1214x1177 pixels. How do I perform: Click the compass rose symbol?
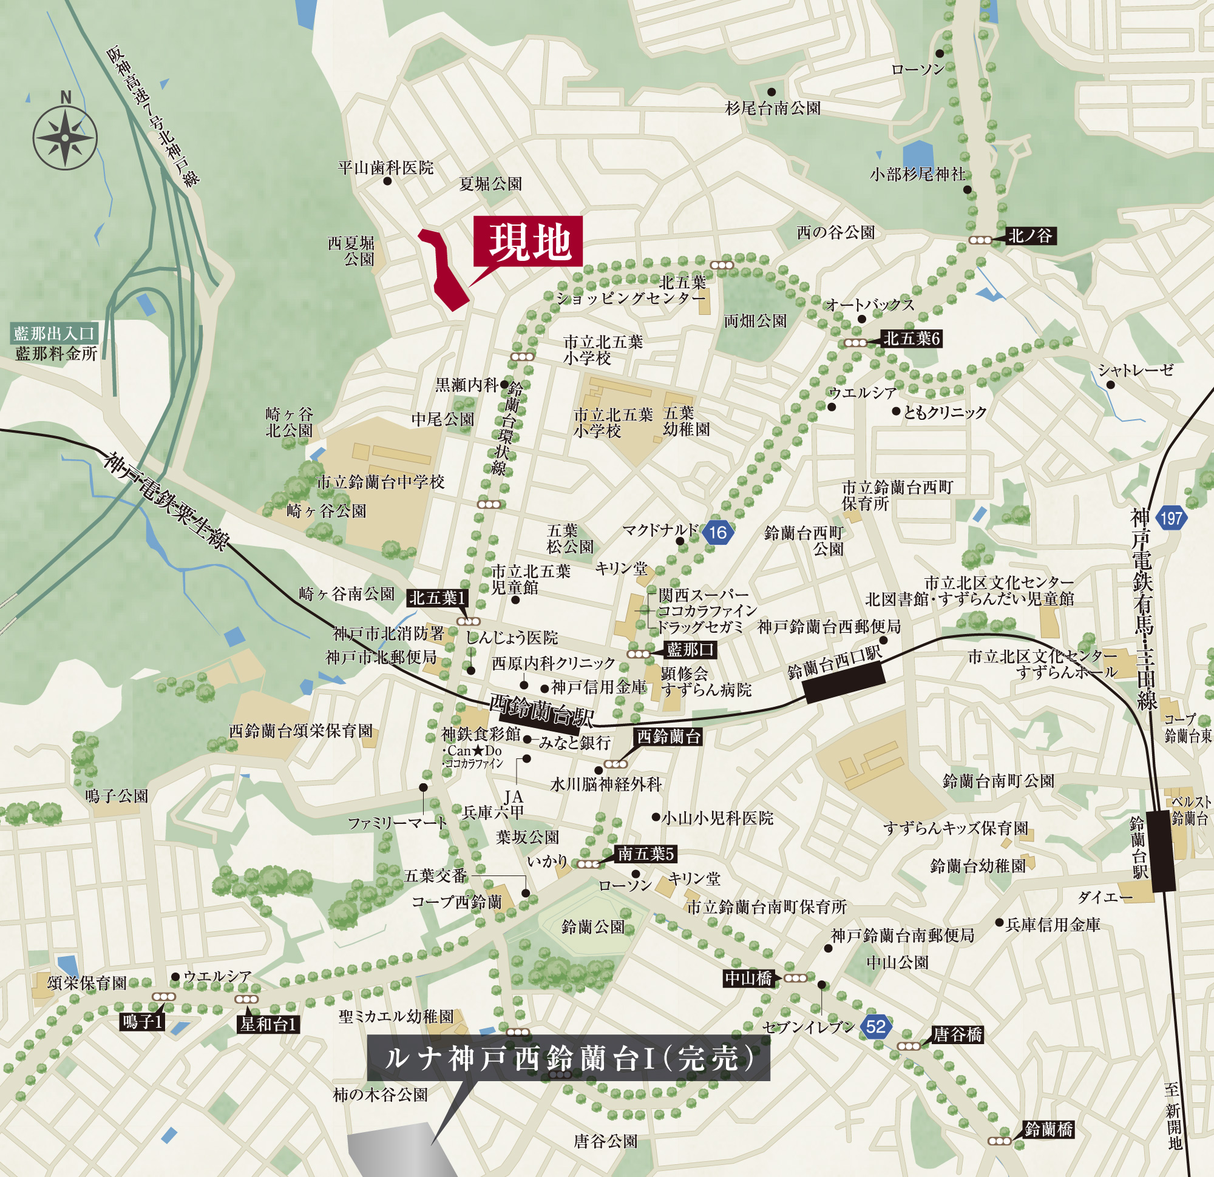pos(65,138)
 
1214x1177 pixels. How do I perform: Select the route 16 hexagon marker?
pos(718,532)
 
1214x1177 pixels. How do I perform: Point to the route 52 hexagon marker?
pos(876,1027)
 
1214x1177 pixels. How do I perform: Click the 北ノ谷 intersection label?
pos(1030,236)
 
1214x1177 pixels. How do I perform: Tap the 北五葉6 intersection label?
pos(911,339)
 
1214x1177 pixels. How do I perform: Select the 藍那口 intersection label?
pos(690,650)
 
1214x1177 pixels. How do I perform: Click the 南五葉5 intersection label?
pos(645,854)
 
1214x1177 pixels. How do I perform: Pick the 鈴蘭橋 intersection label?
pos(1049,1129)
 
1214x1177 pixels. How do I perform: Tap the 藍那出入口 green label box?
pos(54,334)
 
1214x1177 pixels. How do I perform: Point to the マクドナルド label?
pos(660,530)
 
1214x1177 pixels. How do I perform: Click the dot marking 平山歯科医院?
pos(388,181)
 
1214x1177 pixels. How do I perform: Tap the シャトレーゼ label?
pos(1135,370)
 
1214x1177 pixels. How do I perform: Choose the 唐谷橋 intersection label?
pos(958,1034)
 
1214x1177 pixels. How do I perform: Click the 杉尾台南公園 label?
pos(772,109)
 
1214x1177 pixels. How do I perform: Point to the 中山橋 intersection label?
pos(748,978)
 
